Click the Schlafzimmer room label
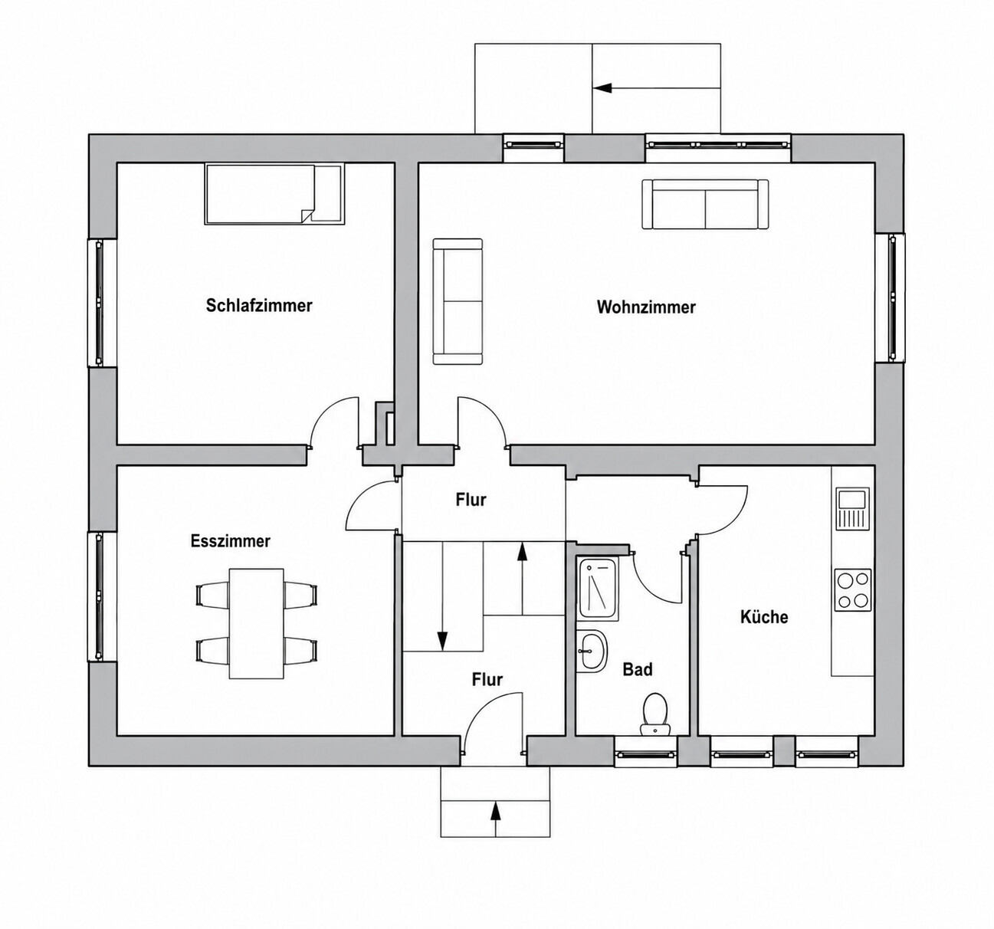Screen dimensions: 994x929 (259, 305)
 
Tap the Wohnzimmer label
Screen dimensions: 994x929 (645, 307)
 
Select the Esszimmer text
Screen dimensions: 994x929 (230, 541)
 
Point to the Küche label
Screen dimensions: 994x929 (764, 616)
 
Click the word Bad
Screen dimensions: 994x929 (637, 670)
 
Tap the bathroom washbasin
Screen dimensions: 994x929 (592, 652)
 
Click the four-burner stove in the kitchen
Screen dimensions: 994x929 (852, 590)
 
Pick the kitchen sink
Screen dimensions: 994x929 (852, 509)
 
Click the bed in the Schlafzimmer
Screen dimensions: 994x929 (274, 195)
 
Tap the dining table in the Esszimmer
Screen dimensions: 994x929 (256, 623)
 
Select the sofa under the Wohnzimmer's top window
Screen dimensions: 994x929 (705, 205)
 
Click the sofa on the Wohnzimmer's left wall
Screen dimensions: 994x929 (458, 301)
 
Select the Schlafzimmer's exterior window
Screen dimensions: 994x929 (99, 303)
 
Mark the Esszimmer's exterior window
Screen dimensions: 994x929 (99, 596)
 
